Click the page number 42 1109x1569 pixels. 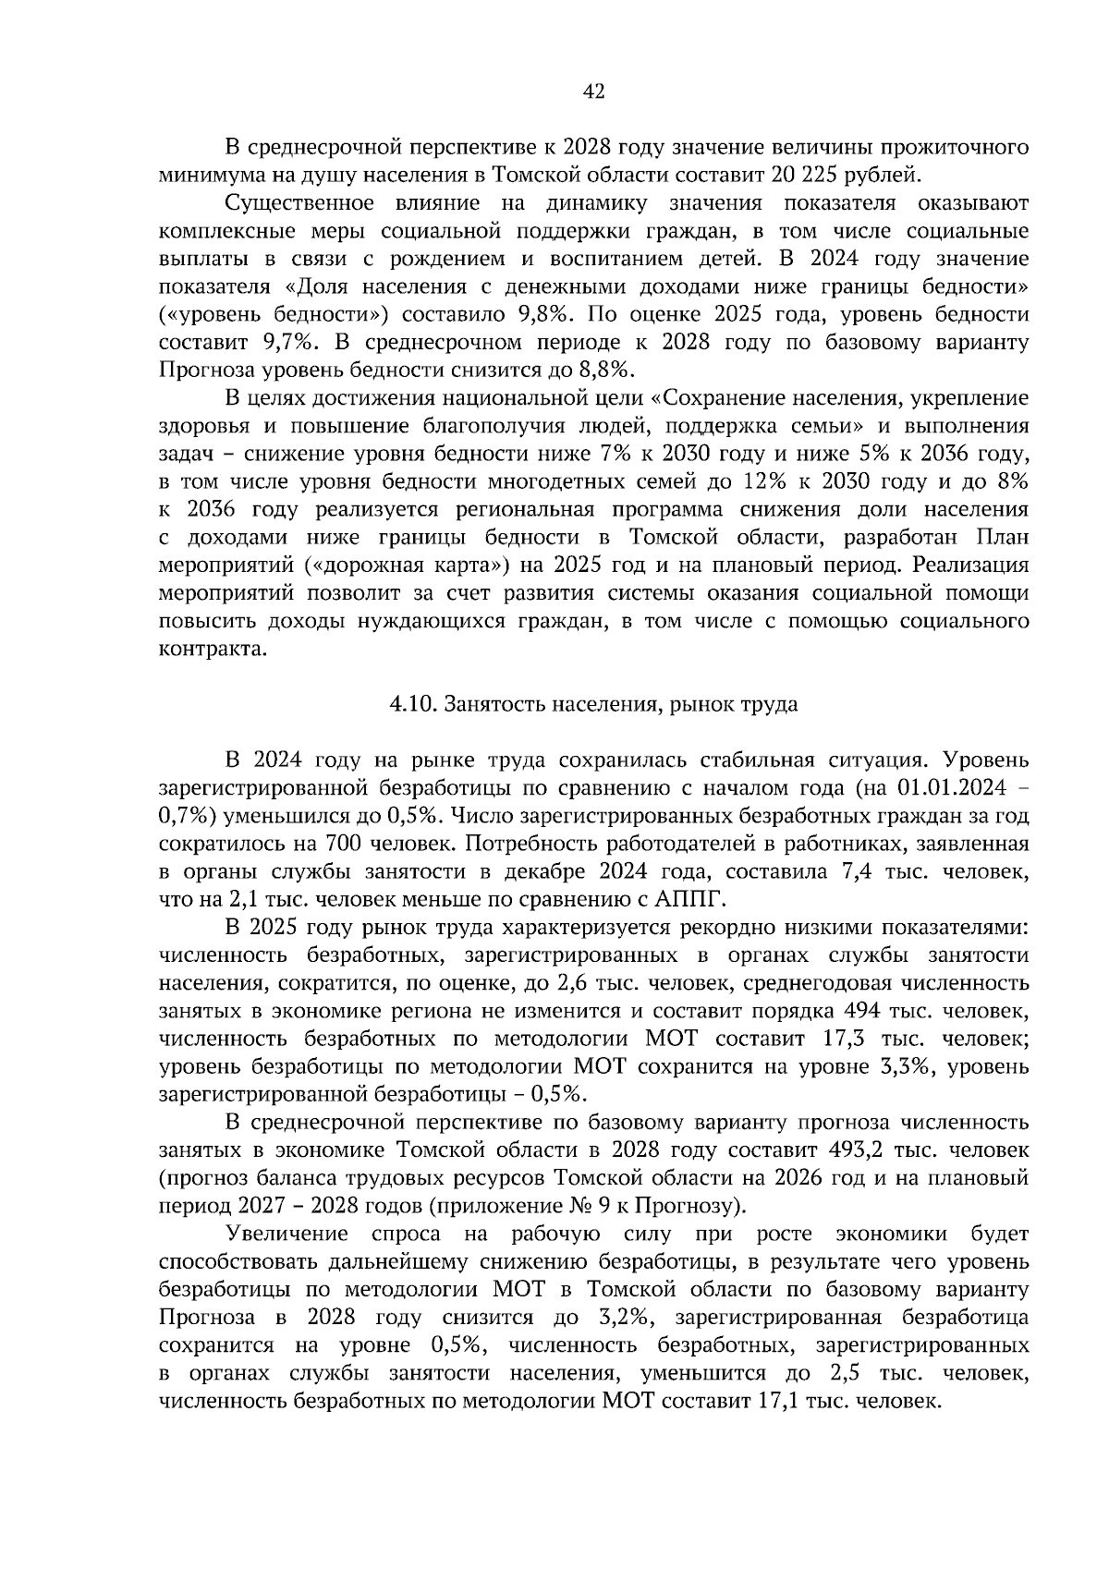593,91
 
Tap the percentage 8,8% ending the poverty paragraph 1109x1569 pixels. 607,370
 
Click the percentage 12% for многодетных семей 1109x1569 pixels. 774,481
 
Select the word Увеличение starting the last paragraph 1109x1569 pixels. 286,1234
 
